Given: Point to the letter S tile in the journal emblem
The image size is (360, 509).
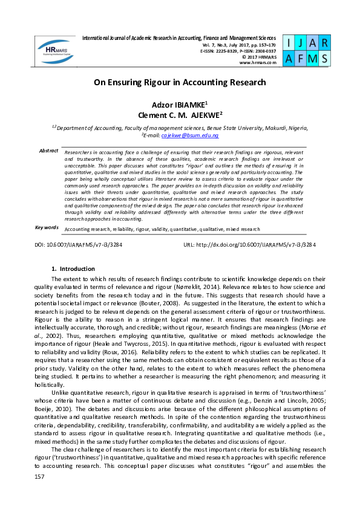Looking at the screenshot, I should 325,58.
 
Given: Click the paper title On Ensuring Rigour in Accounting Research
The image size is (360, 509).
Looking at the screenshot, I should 180,82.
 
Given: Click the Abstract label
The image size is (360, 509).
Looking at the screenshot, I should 48,150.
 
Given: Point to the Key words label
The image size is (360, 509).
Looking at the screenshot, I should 47,227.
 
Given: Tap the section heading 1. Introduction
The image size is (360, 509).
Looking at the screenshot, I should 73,268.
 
